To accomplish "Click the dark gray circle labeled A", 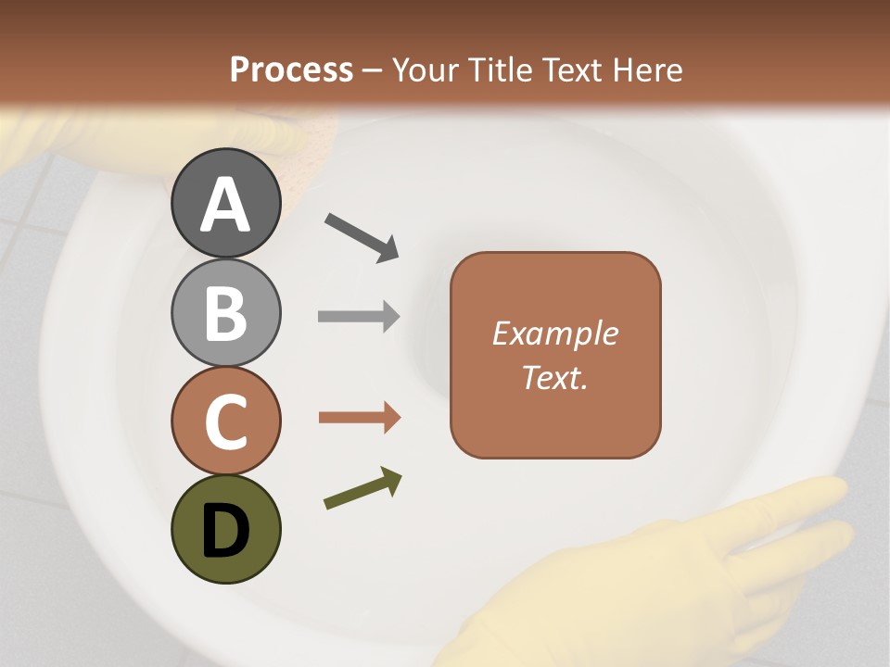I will pos(226,204).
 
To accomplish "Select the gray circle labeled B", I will pos(226,312).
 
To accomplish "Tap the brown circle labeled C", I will pos(226,421).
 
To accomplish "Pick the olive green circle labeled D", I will pos(226,529).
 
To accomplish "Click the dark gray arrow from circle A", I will pos(362,237).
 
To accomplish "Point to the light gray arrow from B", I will pos(359,317).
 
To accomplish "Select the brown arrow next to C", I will pos(359,418).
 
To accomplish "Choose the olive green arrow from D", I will pos(362,489).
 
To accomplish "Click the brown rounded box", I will pos(555,355).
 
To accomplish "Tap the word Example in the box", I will pos(555,333).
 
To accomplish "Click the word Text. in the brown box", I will pos(554,377).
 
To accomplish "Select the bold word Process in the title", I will pos(291,69).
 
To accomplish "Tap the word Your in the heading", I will pos(426,69).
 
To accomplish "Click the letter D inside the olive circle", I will pos(226,532).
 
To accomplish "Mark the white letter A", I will pos(226,205).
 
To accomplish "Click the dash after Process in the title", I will pos(373,71).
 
